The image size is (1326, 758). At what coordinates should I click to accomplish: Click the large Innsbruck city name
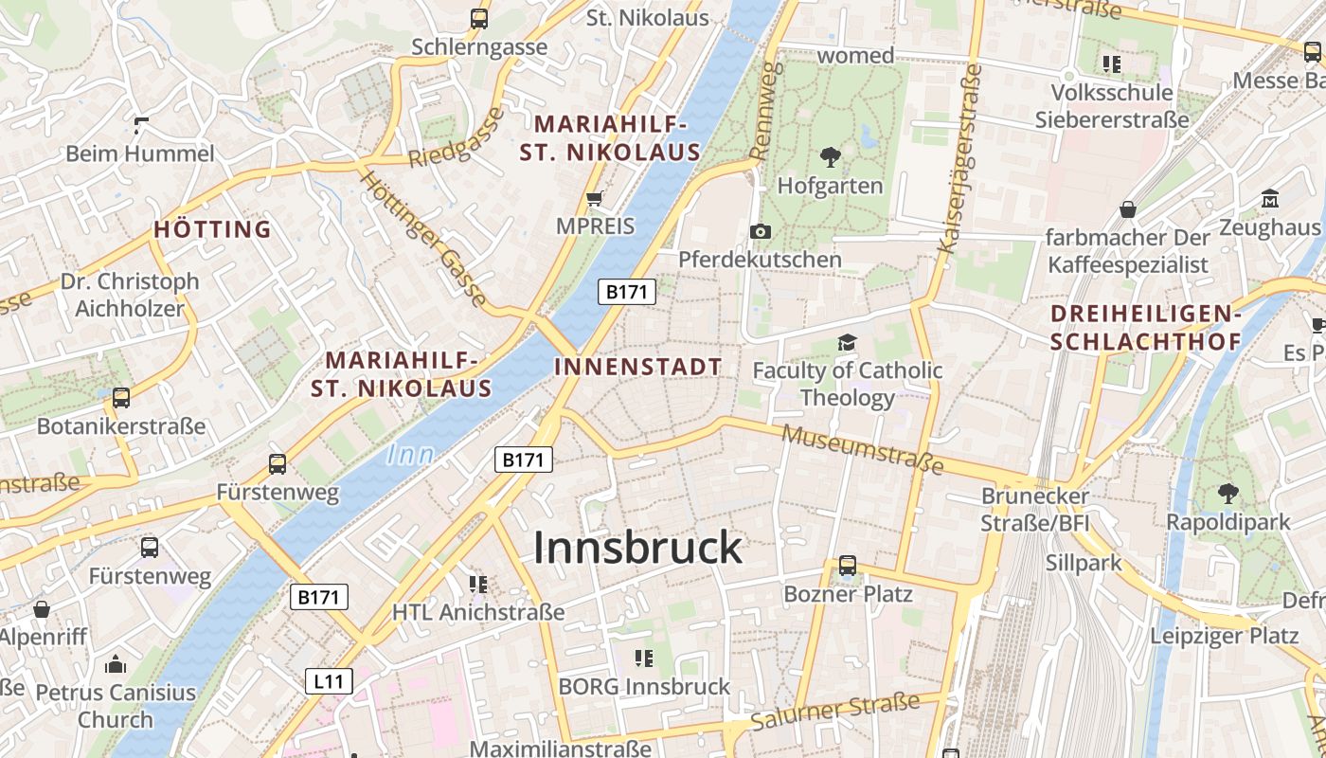(x=637, y=548)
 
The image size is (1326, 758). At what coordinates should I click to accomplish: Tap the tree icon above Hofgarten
(x=831, y=156)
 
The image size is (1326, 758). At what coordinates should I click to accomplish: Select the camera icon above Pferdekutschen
(x=760, y=231)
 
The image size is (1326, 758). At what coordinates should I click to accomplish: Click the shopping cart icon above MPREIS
(x=595, y=199)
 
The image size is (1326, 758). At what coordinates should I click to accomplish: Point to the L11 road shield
(x=329, y=680)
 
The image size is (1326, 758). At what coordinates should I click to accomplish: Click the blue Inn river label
(x=410, y=456)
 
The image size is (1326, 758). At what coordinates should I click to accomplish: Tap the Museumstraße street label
(x=863, y=449)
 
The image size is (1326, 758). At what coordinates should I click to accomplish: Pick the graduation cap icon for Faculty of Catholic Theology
(x=847, y=342)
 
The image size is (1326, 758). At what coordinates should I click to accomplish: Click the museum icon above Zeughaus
(x=1270, y=200)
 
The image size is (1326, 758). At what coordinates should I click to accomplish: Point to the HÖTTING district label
(x=212, y=229)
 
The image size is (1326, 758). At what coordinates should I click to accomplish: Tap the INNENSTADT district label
(x=638, y=367)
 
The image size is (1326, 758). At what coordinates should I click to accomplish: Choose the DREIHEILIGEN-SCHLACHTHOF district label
(x=1146, y=328)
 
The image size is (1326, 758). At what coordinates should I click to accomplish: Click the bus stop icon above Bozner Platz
(x=847, y=566)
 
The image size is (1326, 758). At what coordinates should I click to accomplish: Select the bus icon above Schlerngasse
(x=479, y=18)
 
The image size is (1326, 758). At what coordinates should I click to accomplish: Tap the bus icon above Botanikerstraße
(x=121, y=398)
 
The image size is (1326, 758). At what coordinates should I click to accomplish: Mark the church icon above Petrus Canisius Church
(x=116, y=664)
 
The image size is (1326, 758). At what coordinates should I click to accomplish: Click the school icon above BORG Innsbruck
(x=644, y=658)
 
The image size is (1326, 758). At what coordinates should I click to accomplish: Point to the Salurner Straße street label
(x=834, y=712)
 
